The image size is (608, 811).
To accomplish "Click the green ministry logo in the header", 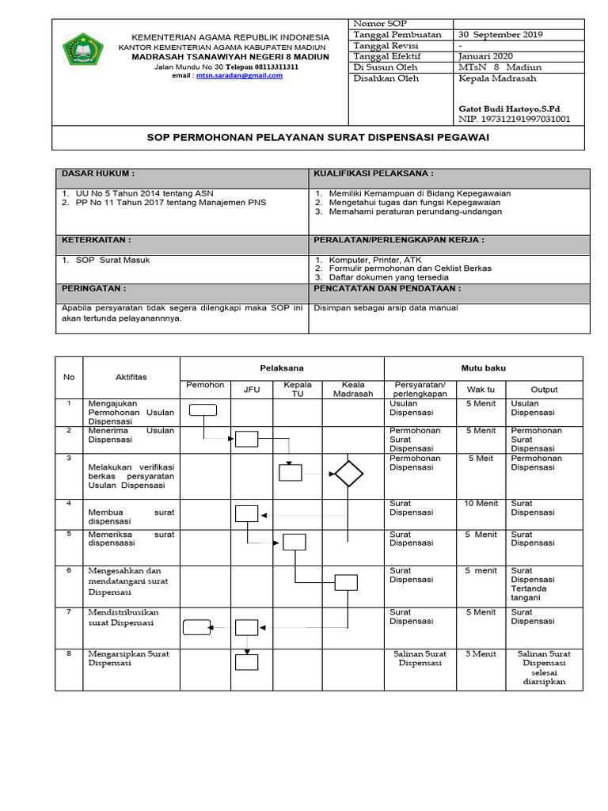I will pyautogui.click(x=82, y=49).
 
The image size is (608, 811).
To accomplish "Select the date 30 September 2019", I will pyautogui.click(x=500, y=35).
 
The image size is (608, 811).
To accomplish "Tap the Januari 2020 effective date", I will pyautogui.click(x=485, y=56).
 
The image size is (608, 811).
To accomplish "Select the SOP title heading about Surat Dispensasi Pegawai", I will pyautogui.click(x=319, y=137).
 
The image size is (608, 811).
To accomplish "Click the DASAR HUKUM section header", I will pyautogui.click(x=99, y=173).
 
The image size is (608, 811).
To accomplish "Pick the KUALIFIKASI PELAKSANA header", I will pyautogui.click(x=374, y=173).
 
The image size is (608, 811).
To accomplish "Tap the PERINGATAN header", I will pyautogui.click(x=93, y=289).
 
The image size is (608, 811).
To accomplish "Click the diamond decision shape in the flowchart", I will pyautogui.click(x=348, y=474).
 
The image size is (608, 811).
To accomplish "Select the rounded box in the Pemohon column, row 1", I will pyautogui.click(x=203, y=409).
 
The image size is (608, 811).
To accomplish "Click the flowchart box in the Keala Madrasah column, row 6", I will pyautogui.click(x=346, y=582).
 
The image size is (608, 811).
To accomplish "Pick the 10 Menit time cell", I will pyautogui.click(x=481, y=504).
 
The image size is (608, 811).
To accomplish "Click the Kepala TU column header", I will pyautogui.click(x=297, y=389).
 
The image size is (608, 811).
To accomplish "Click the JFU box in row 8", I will pyautogui.click(x=247, y=661).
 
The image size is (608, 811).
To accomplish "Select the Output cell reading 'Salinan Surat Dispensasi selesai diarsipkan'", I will pyautogui.click(x=544, y=668).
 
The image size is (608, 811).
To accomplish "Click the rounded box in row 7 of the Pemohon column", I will pyautogui.click(x=196, y=627).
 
